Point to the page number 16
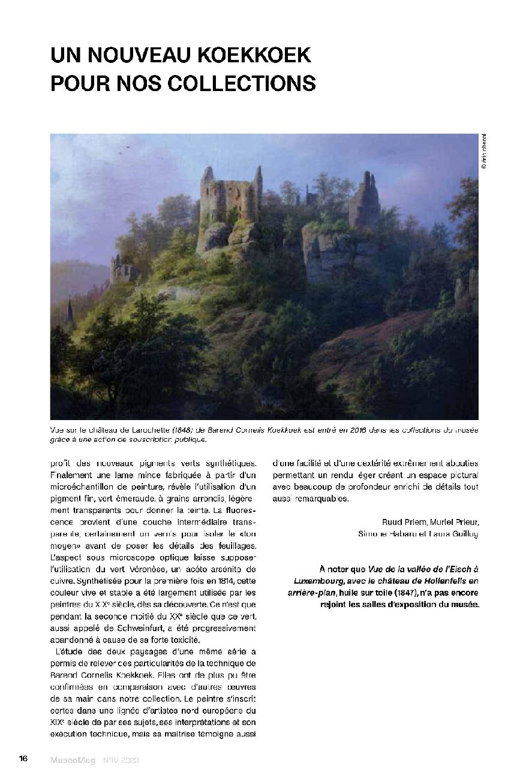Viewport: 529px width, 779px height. click(23, 759)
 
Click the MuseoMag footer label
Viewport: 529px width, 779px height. click(73, 759)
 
